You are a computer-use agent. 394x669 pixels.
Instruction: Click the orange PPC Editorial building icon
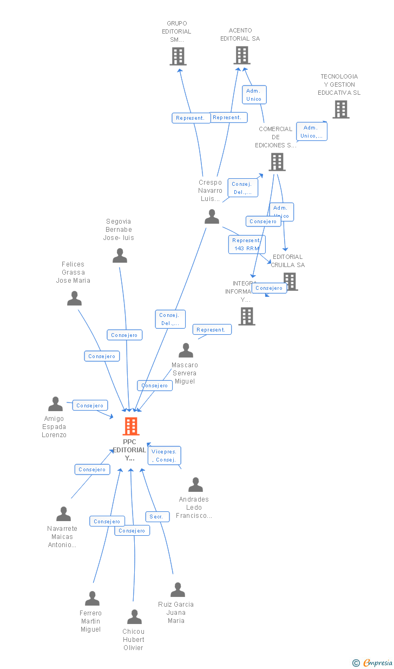[x=131, y=426]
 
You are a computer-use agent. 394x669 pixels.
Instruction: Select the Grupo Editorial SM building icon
[x=178, y=56]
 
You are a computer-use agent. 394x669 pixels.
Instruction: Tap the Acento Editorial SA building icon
[x=241, y=55]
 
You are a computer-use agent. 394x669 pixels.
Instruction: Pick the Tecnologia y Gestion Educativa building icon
[x=340, y=109]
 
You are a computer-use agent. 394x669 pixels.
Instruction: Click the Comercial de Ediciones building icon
[x=277, y=161]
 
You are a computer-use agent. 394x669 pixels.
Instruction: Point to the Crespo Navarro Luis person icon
[x=212, y=217]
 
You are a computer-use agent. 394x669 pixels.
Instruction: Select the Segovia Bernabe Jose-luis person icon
[x=120, y=256]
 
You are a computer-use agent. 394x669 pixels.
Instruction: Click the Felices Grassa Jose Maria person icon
[x=74, y=298]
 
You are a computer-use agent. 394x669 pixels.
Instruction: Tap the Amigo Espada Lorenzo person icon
[x=55, y=404]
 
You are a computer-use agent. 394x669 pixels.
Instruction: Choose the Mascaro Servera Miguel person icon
[x=186, y=350]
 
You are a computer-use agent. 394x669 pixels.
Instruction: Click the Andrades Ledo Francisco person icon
[x=195, y=485]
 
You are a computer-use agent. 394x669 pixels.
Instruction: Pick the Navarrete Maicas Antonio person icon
[x=63, y=514]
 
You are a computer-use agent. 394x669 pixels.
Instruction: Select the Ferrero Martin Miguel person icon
[x=92, y=599]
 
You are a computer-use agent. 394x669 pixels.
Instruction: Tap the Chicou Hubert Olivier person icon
[x=134, y=617]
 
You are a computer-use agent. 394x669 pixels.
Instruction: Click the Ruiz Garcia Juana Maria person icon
[x=178, y=590]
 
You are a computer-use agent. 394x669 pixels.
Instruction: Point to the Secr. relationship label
[x=156, y=517]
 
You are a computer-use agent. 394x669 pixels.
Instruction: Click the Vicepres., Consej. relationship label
[x=164, y=456]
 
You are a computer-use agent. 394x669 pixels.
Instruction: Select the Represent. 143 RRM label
[x=246, y=244]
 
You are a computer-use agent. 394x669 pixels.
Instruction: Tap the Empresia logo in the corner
[x=373, y=662]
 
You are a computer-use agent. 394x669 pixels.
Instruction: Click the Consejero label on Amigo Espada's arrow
[x=90, y=405]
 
